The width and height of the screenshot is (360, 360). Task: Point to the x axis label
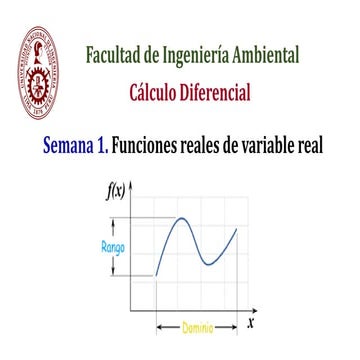click(250, 322)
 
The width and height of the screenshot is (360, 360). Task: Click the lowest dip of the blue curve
click(207, 264)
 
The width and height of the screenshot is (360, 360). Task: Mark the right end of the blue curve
click(237, 229)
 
